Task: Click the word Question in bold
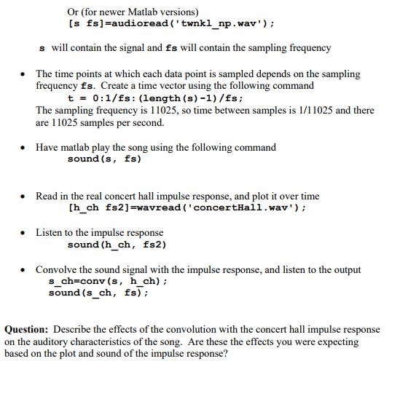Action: tap(26, 329)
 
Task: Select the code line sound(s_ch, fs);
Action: tap(98, 293)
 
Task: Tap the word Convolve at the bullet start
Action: tap(57, 269)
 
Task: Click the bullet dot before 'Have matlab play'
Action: tap(25, 148)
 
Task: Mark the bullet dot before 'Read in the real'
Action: tap(25, 197)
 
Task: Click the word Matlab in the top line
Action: tap(144, 12)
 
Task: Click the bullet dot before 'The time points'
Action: tap(25, 74)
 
